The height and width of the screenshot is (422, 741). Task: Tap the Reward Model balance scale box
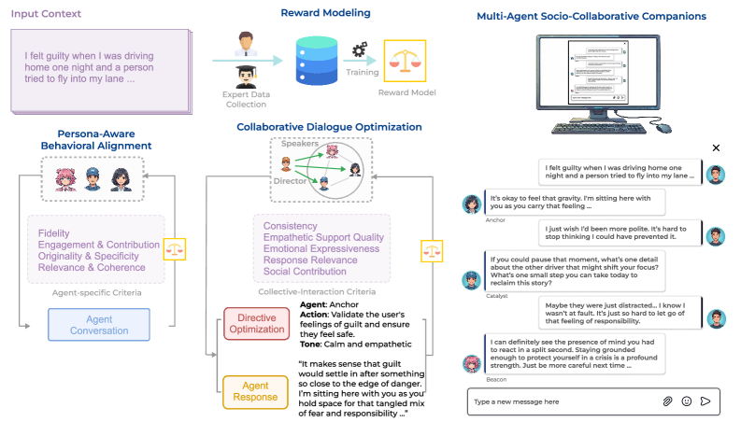coord(406,61)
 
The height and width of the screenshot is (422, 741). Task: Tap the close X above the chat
coord(717,148)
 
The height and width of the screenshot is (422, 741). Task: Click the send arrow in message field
coord(705,401)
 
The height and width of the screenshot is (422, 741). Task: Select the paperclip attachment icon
coord(667,401)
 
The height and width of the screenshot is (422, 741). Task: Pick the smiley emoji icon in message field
coord(686,401)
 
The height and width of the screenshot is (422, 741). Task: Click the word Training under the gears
coord(363,72)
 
